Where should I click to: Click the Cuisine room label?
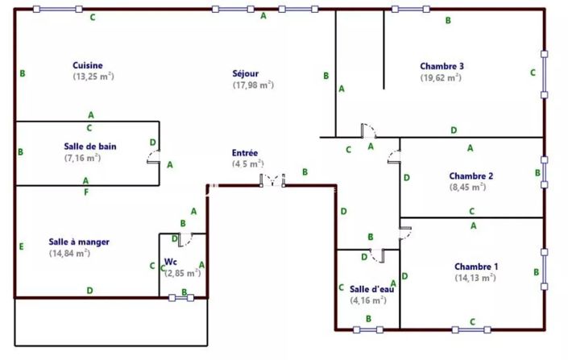[x=88, y=65]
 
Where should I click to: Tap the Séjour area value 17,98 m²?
[x=253, y=85]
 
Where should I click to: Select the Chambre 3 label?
[x=442, y=66]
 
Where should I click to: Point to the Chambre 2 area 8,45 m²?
[x=467, y=187]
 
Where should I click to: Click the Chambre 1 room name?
[x=476, y=267]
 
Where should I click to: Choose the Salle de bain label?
[x=90, y=147]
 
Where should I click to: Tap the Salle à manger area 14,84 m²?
[x=69, y=253]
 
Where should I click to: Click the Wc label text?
[x=171, y=262]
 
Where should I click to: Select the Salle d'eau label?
[x=371, y=289]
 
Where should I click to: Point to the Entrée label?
[x=245, y=153]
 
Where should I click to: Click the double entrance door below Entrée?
[x=272, y=180]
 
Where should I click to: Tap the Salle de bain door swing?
[x=154, y=157]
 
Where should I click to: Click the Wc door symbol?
[x=185, y=240]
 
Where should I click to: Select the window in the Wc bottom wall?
[x=181, y=298]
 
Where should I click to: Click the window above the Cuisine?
[x=57, y=9]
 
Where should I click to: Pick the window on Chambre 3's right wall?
[x=544, y=74]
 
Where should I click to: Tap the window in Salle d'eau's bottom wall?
[x=368, y=329]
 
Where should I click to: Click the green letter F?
[x=86, y=192]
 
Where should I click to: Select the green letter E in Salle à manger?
[x=22, y=246]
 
